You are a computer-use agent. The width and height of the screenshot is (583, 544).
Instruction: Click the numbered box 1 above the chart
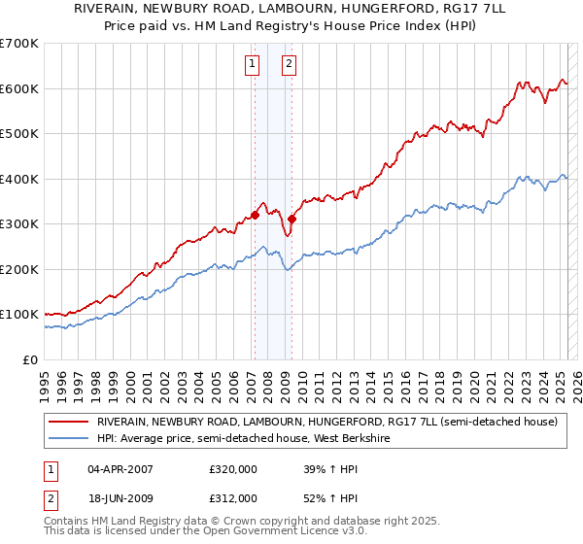click(x=252, y=65)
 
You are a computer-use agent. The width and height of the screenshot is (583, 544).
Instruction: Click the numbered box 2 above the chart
click(x=290, y=65)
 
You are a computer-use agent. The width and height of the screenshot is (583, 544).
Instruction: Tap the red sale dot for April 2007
click(x=255, y=215)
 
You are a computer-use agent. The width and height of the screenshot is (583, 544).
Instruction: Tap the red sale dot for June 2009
click(x=291, y=219)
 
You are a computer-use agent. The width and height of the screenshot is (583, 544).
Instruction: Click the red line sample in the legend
click(x=69, y=422)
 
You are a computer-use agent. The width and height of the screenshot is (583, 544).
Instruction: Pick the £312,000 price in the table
click(x=233, y=498)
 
